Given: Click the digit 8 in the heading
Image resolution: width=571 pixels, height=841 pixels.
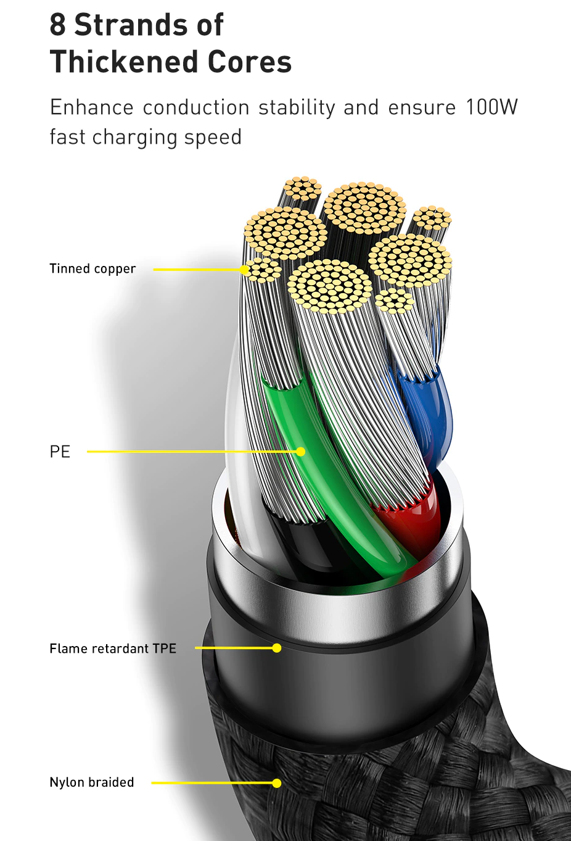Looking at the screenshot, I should [58, 25].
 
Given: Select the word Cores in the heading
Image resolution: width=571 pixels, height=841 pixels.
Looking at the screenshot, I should [250, 62].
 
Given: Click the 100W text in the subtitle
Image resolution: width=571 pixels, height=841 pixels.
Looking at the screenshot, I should [491, 107].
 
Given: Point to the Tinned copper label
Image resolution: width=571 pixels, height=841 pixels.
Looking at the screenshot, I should [92, 269].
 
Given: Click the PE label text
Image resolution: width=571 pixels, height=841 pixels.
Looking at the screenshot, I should [60, 452].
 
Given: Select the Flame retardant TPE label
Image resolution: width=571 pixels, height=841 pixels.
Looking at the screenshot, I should [113, 648].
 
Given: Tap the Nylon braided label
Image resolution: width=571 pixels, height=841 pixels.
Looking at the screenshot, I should [92, 782].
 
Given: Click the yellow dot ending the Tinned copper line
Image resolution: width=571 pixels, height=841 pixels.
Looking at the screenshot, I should [245, 270].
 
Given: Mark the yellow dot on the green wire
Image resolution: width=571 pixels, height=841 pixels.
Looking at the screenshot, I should [300, 452].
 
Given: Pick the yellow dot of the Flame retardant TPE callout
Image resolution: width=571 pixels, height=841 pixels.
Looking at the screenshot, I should [277, 648].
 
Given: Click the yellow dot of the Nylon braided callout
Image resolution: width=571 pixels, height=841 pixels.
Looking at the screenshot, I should [277, 783].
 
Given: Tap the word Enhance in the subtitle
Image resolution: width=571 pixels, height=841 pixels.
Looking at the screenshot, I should [91, 107].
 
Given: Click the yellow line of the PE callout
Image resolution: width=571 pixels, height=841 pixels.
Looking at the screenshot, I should [185, 452].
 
